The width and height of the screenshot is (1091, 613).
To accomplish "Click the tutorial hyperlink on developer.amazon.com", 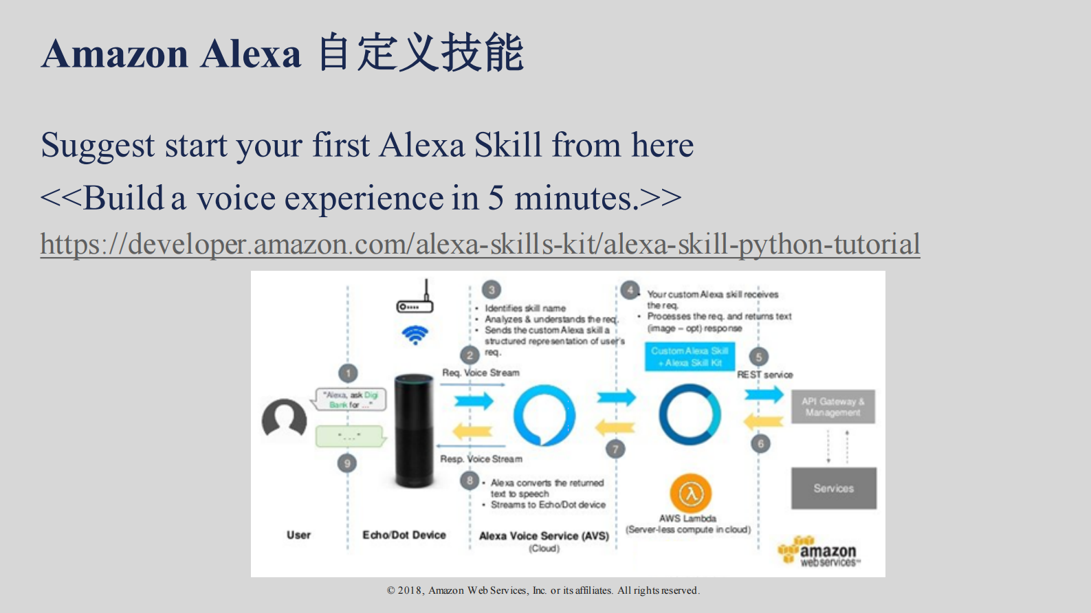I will [480, 245].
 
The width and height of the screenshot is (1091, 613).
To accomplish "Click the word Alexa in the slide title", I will [251, 54].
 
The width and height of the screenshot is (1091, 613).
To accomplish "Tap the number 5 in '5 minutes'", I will [496, 199].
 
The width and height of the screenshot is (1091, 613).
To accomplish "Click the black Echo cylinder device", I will [414, 430].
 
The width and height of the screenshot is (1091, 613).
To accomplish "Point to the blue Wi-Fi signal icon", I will [415, 335].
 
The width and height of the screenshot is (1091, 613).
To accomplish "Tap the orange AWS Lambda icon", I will [690, 493].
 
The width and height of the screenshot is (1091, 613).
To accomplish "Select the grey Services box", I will [833, 488].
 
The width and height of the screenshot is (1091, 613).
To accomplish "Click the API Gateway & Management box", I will [833, 407].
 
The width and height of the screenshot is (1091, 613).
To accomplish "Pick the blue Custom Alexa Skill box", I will [689, 357].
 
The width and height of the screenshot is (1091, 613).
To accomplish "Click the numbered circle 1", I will [348, 373].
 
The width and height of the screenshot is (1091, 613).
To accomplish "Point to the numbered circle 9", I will [347, 463].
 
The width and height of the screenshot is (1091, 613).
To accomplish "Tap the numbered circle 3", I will [491, 289].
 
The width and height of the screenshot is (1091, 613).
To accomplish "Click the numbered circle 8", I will [470, 480].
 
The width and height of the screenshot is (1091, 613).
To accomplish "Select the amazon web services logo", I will [818, 552].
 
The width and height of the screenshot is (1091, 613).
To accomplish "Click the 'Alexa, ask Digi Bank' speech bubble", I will [351, 399].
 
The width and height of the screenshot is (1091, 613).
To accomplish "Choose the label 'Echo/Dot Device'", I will [404, 535].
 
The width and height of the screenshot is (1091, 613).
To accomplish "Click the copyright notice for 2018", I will [543, 590].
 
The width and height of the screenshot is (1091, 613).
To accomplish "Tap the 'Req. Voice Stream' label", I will [481, 372].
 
